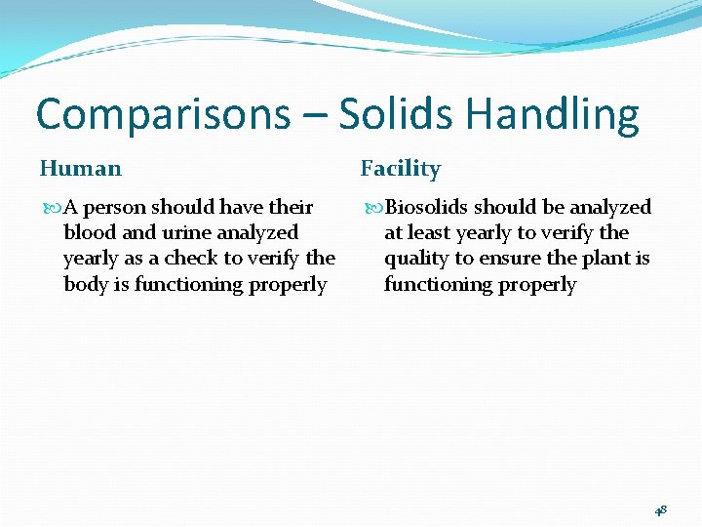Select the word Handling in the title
(552, 115)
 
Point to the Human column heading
(81, 169)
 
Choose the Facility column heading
(401, 169)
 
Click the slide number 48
(660, 509)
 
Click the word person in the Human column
(114, 208)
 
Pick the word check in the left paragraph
(192, 259)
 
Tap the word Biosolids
(427, 208)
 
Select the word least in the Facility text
(428, 233)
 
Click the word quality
(416, 259)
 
